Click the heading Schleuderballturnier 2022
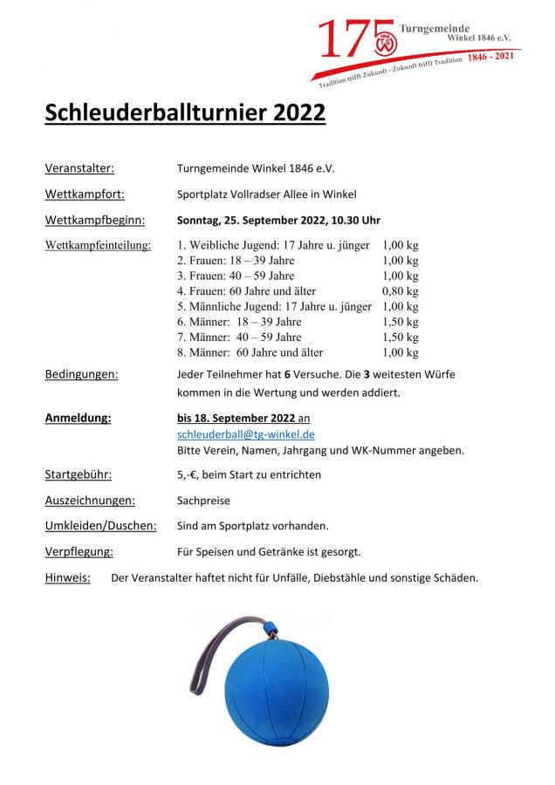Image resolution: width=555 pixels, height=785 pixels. click(x=185, y=114)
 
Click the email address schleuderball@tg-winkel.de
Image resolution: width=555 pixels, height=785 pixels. click(x=245, y=433)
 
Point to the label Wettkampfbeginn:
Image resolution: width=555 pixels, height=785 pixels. click(x=95, y=220)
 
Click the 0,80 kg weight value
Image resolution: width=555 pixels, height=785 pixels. click(x=400, y=290)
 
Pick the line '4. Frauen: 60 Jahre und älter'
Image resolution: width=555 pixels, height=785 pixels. click(x=246, y=290)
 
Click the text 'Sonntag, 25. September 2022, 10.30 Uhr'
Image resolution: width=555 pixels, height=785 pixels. click(x=278, y=220)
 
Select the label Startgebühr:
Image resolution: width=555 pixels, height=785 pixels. click(x=78, y=474)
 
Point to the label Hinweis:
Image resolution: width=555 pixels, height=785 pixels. click(x=67, y=577)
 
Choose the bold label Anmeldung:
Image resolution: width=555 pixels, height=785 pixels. click(x=78, y=418)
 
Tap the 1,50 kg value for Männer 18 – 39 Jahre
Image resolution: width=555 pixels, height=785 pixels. click(x=400, y=322)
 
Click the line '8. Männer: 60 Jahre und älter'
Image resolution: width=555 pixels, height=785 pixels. click(x=250, y=353)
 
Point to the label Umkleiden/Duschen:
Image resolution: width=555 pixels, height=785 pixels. click(x=100, y=526)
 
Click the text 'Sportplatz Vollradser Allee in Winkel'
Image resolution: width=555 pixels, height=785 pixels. click(x=267, y=194)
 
